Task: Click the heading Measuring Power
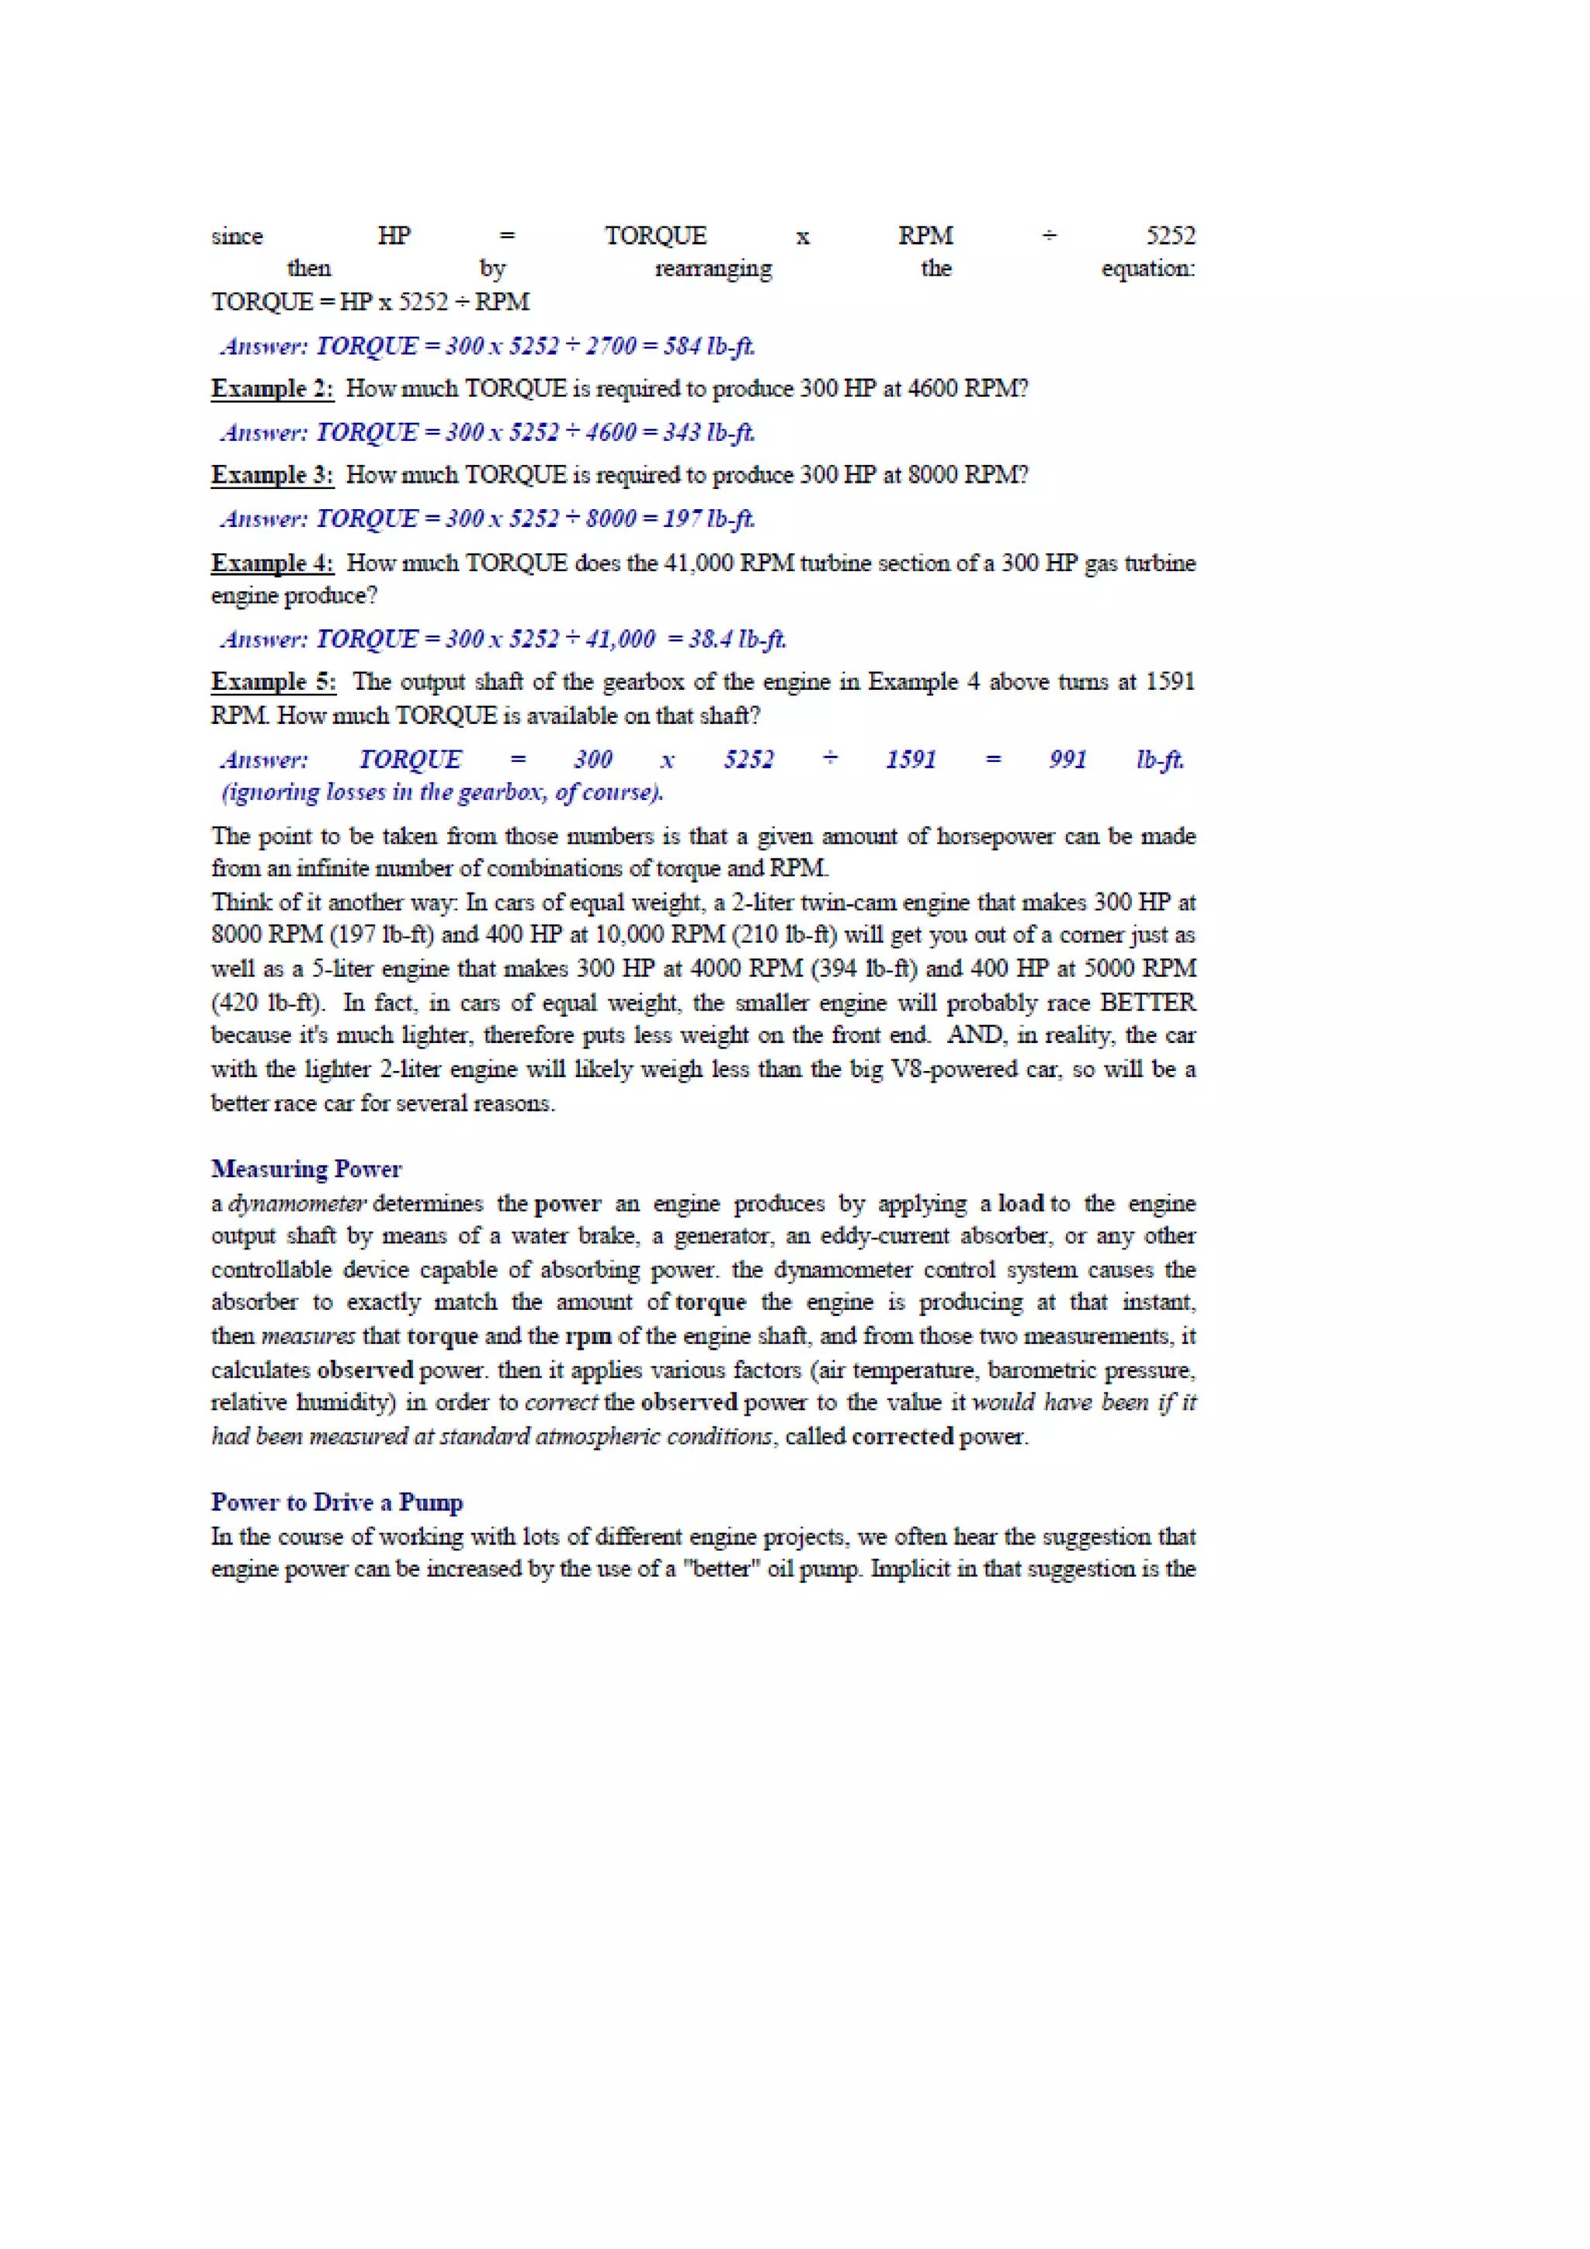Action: (x=306, y=1169)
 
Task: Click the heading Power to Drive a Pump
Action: (x=336, y=1502)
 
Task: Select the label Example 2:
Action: (x=272, y=389)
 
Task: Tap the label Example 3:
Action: (x=272, y=475)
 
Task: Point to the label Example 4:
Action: (x=272, y=563)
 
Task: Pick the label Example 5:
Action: (x=273, y=681)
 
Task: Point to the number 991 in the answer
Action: (x=1067, y=759)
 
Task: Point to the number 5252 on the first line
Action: (x=1170, y=236)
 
